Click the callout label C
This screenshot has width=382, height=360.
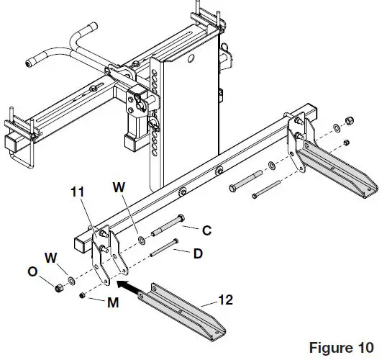206,230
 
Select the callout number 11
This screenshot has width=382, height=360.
79,192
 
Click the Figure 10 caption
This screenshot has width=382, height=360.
341,348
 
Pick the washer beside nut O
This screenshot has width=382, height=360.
68,281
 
